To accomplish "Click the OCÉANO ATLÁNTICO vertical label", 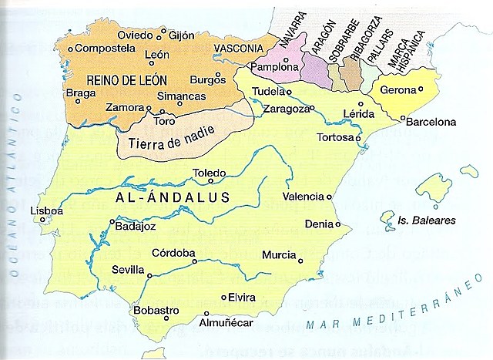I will click(13, 185).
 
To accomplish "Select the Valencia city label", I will click(304, 196).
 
